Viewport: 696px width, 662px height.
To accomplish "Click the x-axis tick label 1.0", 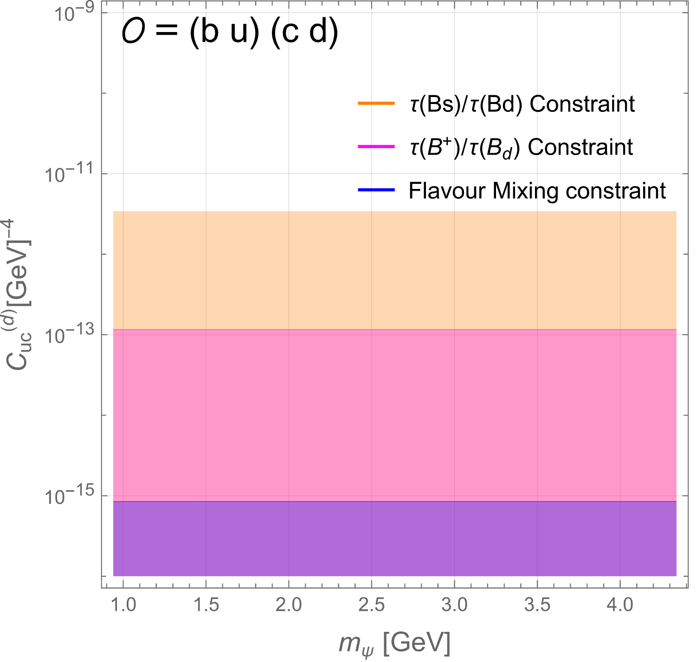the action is (x=123, y=604).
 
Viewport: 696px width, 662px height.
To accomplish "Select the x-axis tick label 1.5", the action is (x=206, y=604).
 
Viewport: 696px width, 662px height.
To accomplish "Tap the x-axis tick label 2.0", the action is (x=289, y=604).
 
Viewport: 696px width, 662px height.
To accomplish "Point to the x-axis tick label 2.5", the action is (x=371, y=604).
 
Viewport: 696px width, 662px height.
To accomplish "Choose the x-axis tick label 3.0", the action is (x=454, y=604).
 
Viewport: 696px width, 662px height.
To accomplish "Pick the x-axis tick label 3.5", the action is (x=537, y=604).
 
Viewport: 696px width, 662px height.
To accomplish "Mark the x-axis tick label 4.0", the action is (x=620, y=604).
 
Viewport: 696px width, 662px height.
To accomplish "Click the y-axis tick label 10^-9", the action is (x=74, y=13).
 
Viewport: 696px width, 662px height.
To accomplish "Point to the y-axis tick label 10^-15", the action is (x=69, y=495).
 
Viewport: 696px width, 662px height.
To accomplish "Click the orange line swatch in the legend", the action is (x=376, y=103).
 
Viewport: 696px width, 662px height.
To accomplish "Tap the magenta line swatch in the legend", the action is (x=376, y=146).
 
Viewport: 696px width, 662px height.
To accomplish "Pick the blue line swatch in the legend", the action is (x=376, y=190).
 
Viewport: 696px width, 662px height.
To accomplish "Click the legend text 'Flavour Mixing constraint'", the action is (x=537, y=190).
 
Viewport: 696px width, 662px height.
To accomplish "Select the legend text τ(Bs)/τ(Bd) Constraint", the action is (x=522, y=104).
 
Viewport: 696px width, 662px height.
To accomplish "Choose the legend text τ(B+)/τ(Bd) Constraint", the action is (x=521, y=147).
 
